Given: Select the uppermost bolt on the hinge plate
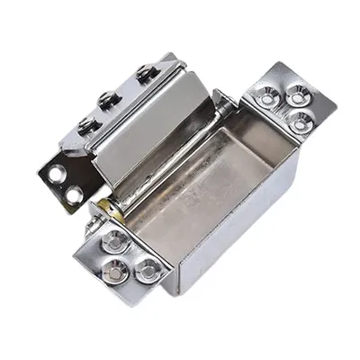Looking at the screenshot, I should pyautogui.click(x=144, y=74).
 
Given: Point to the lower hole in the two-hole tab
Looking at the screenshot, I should pyautogui.click(x=70, y=191).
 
